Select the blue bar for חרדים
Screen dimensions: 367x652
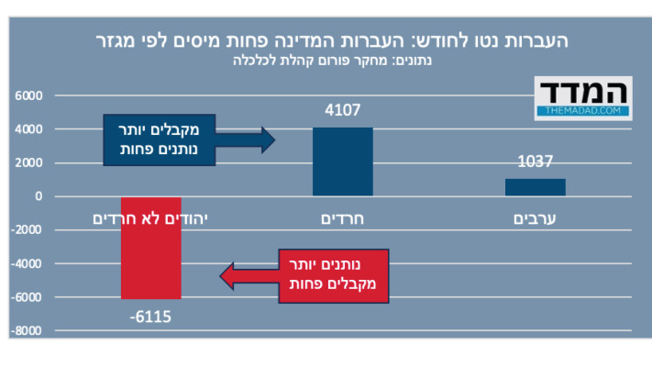point(342,161)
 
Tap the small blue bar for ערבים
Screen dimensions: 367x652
point(535,187)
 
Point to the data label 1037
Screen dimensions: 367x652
point(535,162)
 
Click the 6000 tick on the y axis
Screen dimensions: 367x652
point(28,96)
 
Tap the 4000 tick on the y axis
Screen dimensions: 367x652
point(28,129)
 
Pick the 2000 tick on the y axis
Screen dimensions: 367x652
point(28,163)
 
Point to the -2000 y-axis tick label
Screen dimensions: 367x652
point(27,230)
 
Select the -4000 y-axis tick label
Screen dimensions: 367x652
point(27,264)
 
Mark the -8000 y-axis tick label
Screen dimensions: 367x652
point(27,331)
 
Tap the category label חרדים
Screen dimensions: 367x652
point(342,218)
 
